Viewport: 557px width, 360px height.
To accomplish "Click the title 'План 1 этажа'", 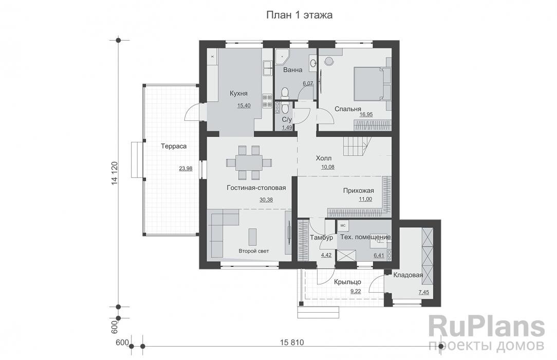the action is pyautogui.click(x=299, y=15).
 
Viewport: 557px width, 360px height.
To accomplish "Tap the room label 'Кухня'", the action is pyautogui.click(x=238, y=94).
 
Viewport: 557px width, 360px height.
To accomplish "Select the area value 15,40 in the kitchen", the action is pyautogui.click(x=244, y=105).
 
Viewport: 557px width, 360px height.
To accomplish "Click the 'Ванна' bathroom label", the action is pyautogui.click(x=293, y=70).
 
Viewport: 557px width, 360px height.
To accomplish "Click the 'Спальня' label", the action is pyautogui.click(x=348, y=109).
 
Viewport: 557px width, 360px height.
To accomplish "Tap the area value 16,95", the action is pyautogui.click(x=366, y=115).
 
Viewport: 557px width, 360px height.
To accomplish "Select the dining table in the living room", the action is pyautogui.click(x=249, y=163).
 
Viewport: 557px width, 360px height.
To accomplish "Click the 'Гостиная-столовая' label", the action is pyautogui.click(x=256, y=188).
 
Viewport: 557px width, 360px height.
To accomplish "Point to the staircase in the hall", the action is pyautogui.click(x=355, y=147).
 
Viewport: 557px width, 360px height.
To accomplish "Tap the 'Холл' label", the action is pyautogui.click(x=324, y=158).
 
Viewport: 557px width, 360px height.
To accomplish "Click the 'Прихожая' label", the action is pyautogui.click(x=359, y=191).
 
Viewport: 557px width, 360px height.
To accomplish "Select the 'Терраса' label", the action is pyautogui.click(x=174, y=146).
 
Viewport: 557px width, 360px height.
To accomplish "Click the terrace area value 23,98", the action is pyautogui.click(x=186, y=169).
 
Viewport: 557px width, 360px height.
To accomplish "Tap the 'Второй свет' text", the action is pyautogui.click(x=254, y=251).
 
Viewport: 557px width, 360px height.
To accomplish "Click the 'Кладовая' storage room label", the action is pyautogui.click(x=408, y=275).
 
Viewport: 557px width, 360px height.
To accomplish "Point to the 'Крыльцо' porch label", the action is pyautogui.click(x=347, y=282).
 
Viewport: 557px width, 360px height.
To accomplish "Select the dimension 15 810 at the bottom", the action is pyautogui.click(x=292, y=343).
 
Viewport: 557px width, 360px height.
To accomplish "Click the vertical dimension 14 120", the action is pyautogui.click(x=114, y=173).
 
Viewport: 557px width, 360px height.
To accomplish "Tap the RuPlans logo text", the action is pyautogui.click(x=487, y=327).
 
